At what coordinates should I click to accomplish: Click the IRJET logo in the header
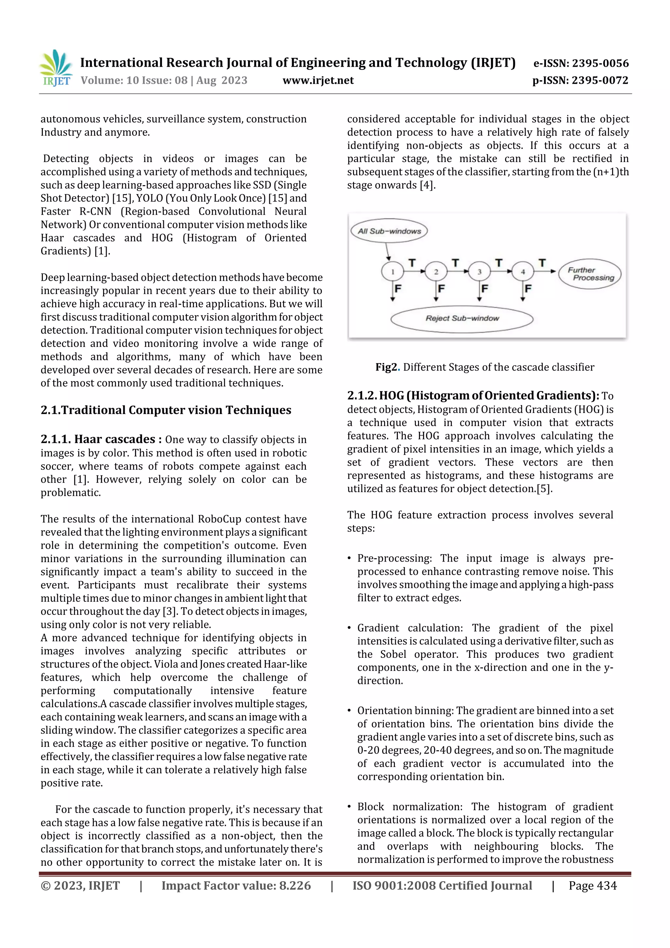[x=56, y=68]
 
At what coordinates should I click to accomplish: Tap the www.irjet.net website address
[x=318, y=80]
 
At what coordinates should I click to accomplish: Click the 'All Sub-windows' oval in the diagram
[x=389, y=231]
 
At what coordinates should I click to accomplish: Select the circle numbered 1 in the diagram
[x=392, y=272]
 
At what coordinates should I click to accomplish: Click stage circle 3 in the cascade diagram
[x=479, y=272]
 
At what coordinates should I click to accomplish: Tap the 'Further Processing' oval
[x=590, y=274]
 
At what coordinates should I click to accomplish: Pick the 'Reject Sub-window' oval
[x=462, y=318]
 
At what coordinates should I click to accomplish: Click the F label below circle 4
[x=528, y=288]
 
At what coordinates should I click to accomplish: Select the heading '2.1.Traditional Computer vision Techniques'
[x=166, y=410]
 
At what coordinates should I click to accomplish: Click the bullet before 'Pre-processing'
[x=349, y=559]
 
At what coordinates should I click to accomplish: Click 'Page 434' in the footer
[x=592, y=885]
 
